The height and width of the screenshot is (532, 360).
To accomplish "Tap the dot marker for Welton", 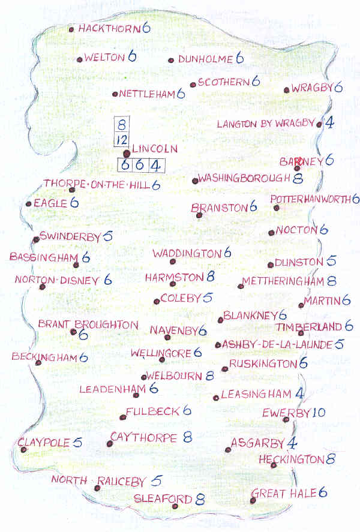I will pyautogui.click(x=79, y=59).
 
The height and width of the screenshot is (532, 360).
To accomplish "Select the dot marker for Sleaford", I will pyautogui.click(x=175, y=506).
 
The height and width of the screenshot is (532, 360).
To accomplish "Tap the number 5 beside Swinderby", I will pyautogui.click(x=108, y=236).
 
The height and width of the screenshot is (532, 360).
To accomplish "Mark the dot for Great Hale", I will pyautogui.click(x=253, y=500).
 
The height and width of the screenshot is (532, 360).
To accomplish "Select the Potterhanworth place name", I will pyautogui.click(x=310, y=199).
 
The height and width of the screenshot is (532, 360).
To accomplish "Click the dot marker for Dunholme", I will pyautogui.click(x=171, y=60).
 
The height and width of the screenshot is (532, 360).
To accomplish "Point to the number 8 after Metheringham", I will pyautogui.click(x=332, y=281).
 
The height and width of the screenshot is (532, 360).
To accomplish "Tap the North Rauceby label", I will pyautogui.click(x=98, y=480).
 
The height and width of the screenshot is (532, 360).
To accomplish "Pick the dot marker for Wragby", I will pyautogui.click(x=286, y=91).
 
